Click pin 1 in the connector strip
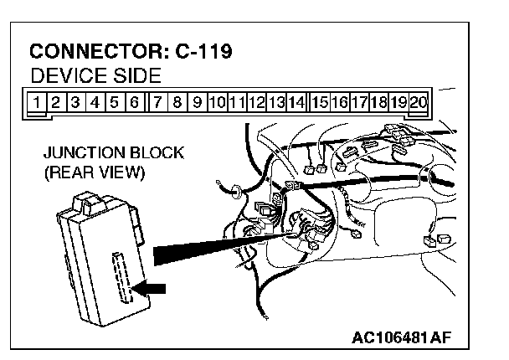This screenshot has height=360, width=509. click(x=38, y=103)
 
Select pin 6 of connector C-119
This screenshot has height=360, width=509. click(x=134, y=103)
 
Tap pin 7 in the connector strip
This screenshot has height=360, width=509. click(x=157, y=103)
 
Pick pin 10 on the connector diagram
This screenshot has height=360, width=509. click(x=217, y=103)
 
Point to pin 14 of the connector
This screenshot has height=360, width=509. click(x=296, y=103)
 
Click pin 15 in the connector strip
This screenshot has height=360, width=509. click(x=319, y=103)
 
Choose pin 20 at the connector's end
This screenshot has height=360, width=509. click(x=419, y=103)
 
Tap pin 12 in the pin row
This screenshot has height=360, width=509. click(x=256, y=103)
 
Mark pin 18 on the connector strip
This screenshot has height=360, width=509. click(x=378, y=103)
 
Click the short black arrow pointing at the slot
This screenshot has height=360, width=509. click(x=152, y=289)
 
